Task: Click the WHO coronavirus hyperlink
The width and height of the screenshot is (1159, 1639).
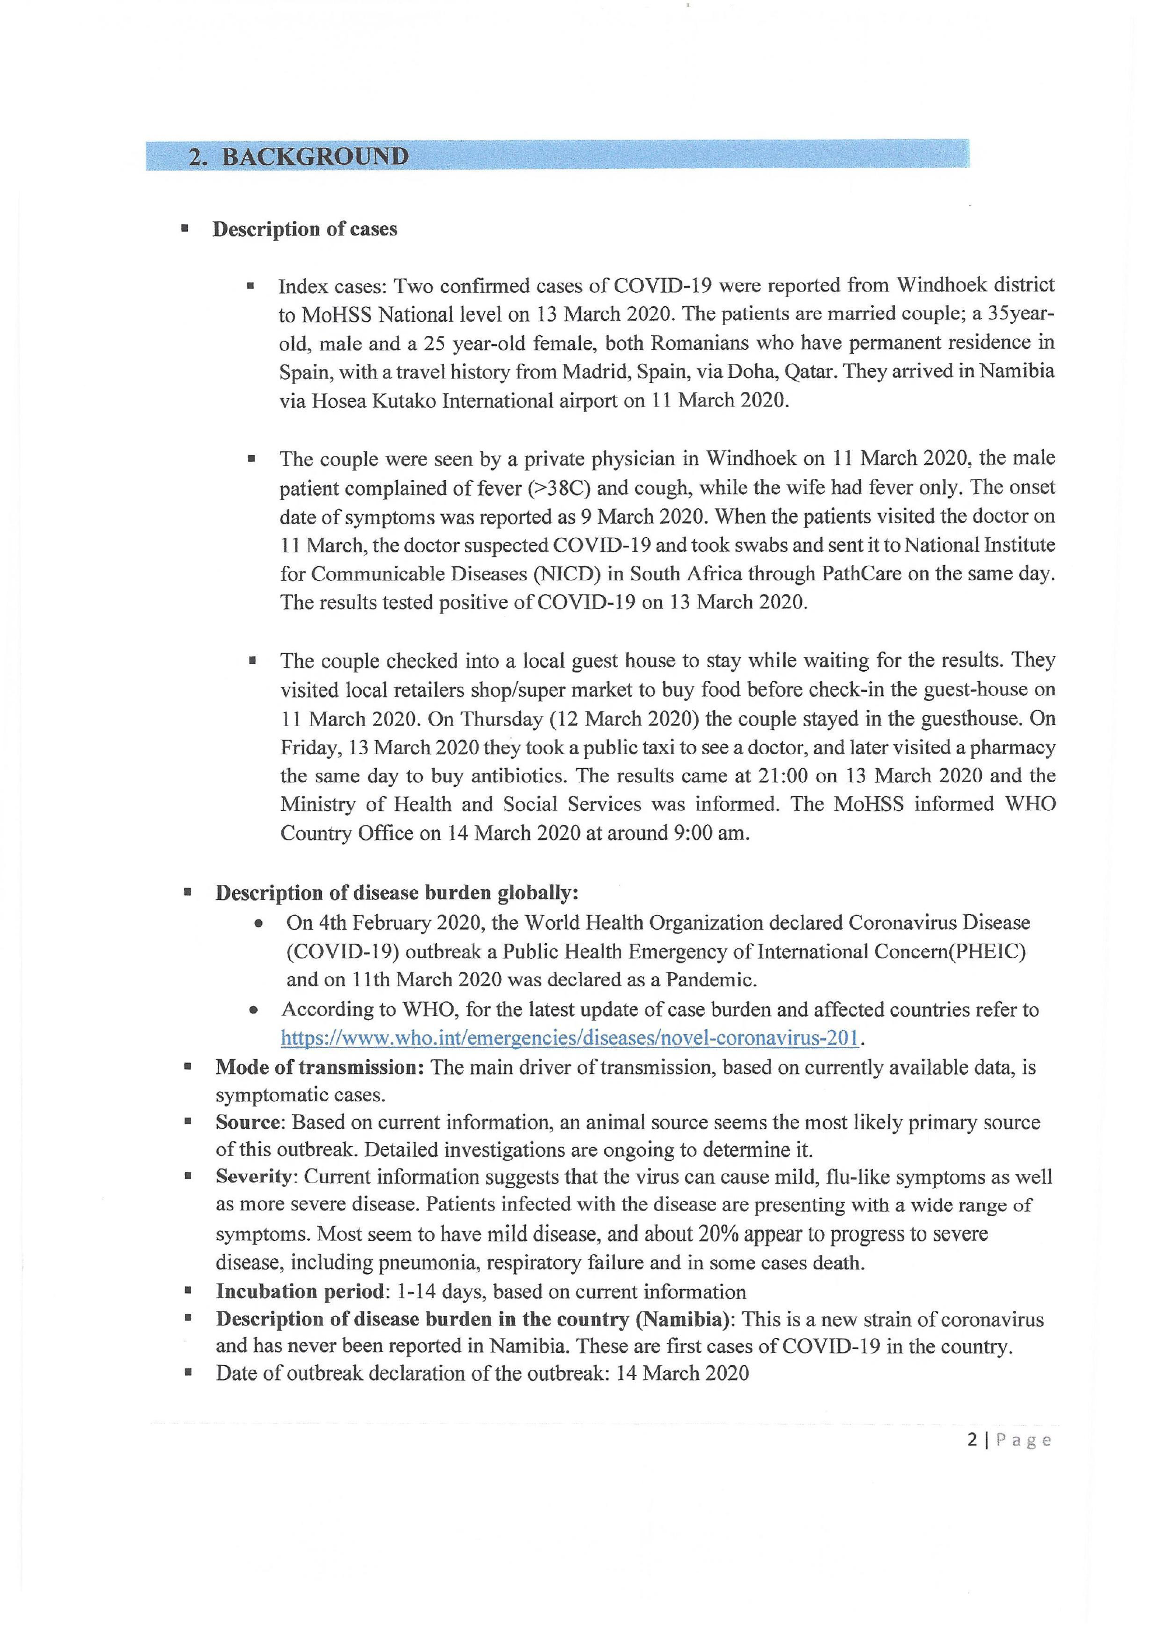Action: (x=569, y=1038)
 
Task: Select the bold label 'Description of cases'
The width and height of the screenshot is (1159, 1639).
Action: (x=304, y=229)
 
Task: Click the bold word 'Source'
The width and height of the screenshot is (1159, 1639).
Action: (x=250, y=1122)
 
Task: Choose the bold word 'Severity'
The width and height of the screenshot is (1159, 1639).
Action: (x=255, y=1177)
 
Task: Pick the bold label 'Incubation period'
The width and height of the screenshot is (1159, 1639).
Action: (x=300, y=1291)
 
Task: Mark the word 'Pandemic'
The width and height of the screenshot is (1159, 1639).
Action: (x=709, y=980)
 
